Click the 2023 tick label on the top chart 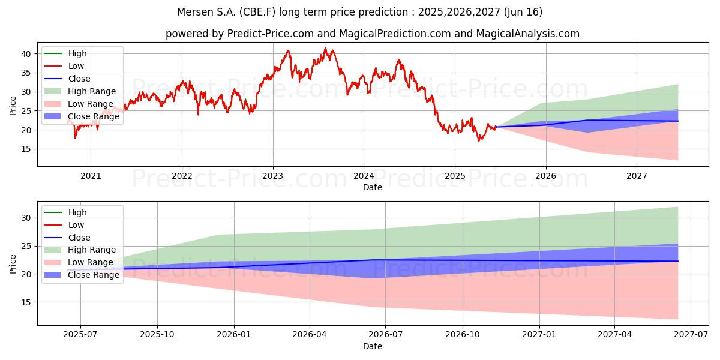[272, 176]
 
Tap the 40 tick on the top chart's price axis [26, 54]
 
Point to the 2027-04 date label [614, 335]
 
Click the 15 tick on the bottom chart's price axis [26, 302]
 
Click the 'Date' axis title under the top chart [373, 187]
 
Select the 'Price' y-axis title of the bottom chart [13, 264]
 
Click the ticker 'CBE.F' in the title [257, 12]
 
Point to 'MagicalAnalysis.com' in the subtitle [528, 34]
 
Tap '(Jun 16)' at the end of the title [523, 12]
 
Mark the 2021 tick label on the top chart [91, 176]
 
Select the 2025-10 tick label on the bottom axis [157, 335]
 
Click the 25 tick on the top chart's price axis [26, 111]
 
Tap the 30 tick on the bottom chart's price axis [26, 218]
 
